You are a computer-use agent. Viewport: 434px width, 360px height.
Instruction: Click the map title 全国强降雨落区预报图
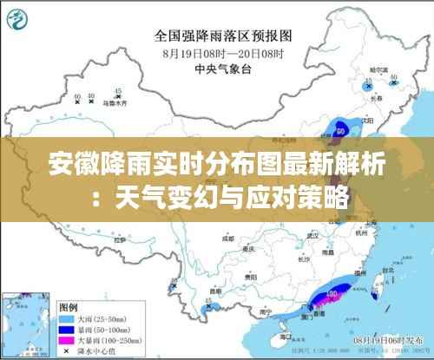pyautogui.click(x=224, y=36)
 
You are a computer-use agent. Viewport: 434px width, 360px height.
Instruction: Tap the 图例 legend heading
pyautogui.click(x=68, y=307)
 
